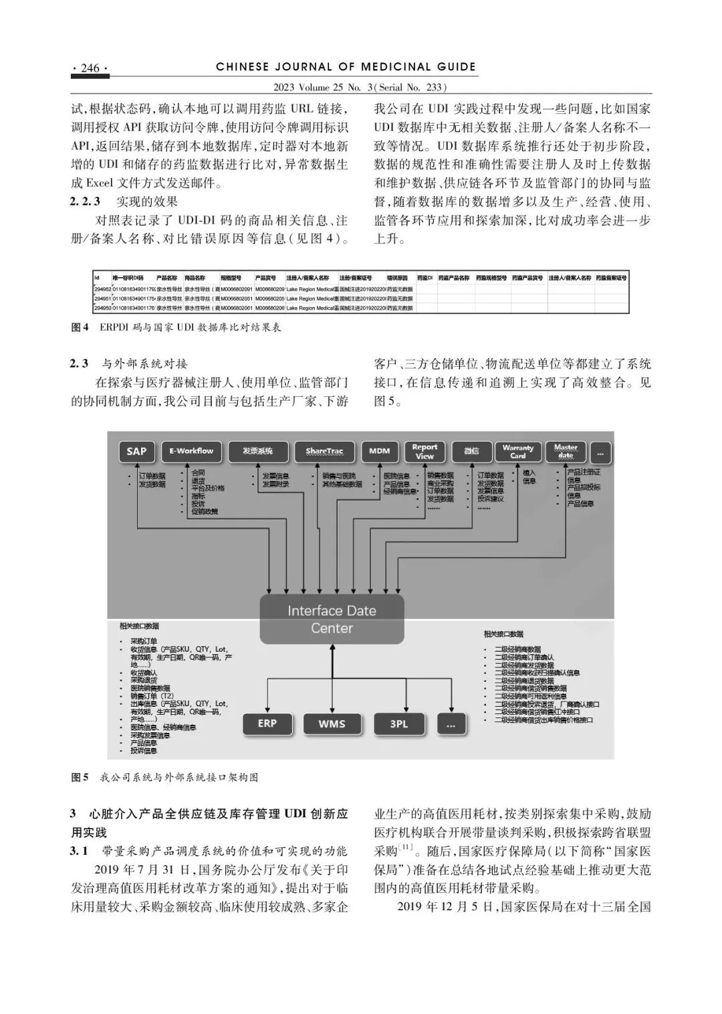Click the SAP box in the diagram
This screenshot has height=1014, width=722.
(x=136, y=451)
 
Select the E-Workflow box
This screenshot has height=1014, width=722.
(x=191, y=451)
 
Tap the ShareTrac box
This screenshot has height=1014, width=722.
(x=324, y=451)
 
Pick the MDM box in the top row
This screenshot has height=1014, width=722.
(x=379, y=451)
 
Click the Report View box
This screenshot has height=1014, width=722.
(x=425, y=451)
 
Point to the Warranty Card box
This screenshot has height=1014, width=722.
(x=518, y=451)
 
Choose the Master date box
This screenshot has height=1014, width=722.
(x=566, y=451)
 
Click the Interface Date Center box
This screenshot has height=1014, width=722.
(x=332, y=619)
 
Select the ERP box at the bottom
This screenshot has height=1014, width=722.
(x=267, y=724)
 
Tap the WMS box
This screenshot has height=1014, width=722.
(x=332, y=724)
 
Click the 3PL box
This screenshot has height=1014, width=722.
(x=398, y=724)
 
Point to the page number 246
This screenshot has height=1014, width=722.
(x=90, y=68)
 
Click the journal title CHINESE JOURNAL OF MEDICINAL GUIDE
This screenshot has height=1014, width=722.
(x=346, y=67)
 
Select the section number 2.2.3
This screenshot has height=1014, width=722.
(x=85, y=201)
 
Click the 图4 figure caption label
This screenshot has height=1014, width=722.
(x=80, y=327)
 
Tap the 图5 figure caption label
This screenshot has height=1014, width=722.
(x=80, y=777)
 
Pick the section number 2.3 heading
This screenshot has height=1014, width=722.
(x=80, y=364)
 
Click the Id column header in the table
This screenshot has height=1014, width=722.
(x=97, y=277)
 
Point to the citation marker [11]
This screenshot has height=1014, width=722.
(x=406, y=848)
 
